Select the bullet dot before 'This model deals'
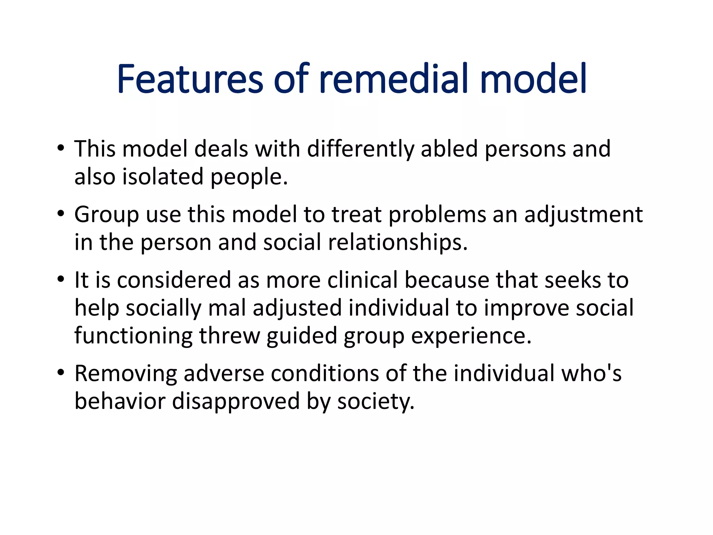tap(61, 148)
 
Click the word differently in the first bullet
tap(361, 149)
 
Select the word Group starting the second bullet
tap(107, 215)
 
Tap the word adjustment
tap(583, 215)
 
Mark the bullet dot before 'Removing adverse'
tap(61, 372)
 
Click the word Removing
tap(126, 374)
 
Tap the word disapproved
tap(236, 401)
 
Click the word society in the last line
tap(375, 401)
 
